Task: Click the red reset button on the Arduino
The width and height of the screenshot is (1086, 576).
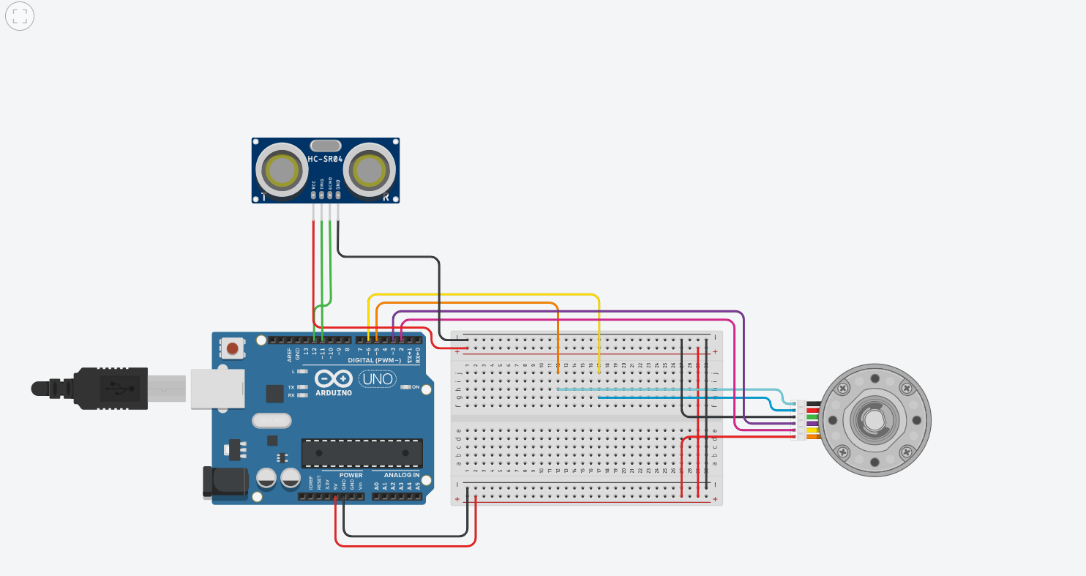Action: click(x=233, y=348)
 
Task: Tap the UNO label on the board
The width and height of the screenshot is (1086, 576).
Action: click(x=376, y=379)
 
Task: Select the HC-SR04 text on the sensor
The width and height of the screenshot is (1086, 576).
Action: click(x=325, y=159)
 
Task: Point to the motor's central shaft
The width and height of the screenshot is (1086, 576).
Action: click(x=874, y=419)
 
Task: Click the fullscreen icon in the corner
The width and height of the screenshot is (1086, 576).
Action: click(x=20, y=17)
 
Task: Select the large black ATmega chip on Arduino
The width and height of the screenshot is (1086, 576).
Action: click(x=362, y=453)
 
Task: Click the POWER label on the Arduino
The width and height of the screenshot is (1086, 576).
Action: click(x=351, y=475)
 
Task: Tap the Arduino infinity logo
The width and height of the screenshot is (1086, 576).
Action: click(x=333, y=379)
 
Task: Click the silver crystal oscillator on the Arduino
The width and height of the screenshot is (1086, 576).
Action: click(x=271, y=420)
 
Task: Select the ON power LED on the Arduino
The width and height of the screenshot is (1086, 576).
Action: click(x=406, y=387)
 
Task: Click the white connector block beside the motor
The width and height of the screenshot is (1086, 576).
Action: click(x=799, y=420)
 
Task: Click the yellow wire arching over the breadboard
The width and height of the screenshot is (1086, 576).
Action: click(x=483, y=294)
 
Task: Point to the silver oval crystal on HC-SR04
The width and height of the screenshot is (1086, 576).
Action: click(x=325, y=146)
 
